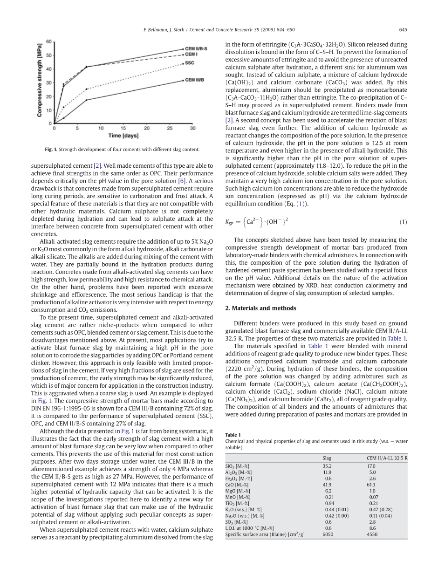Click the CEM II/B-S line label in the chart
(x=196, y=48)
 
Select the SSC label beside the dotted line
(x=189, y=62)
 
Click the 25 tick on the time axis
(x=169, y=128)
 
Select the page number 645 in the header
(x=403, y=30)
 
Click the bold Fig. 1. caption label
(x=51, y=150)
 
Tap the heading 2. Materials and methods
(x=261, y=308)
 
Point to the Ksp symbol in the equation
(x=229, y=222)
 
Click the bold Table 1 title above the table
(x=233, y=435)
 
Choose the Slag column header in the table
(x=327, y=458)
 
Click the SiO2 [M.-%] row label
(x=237, y=466)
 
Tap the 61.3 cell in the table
(x=371, y=485)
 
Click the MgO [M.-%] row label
(x=237, y=491)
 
